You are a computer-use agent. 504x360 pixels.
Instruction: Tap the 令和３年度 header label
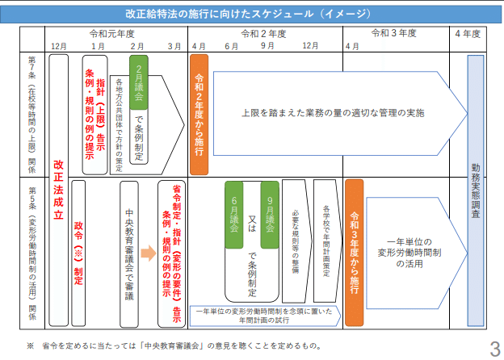(393, 34)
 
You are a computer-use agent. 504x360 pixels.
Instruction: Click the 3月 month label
(174, 46)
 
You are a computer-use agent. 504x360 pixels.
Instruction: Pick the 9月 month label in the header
(267, 46)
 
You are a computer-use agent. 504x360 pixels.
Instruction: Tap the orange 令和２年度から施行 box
(199, 114)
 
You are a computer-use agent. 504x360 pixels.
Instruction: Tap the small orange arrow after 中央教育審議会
(148, 252)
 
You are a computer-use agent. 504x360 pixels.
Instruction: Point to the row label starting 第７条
(32, 114)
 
